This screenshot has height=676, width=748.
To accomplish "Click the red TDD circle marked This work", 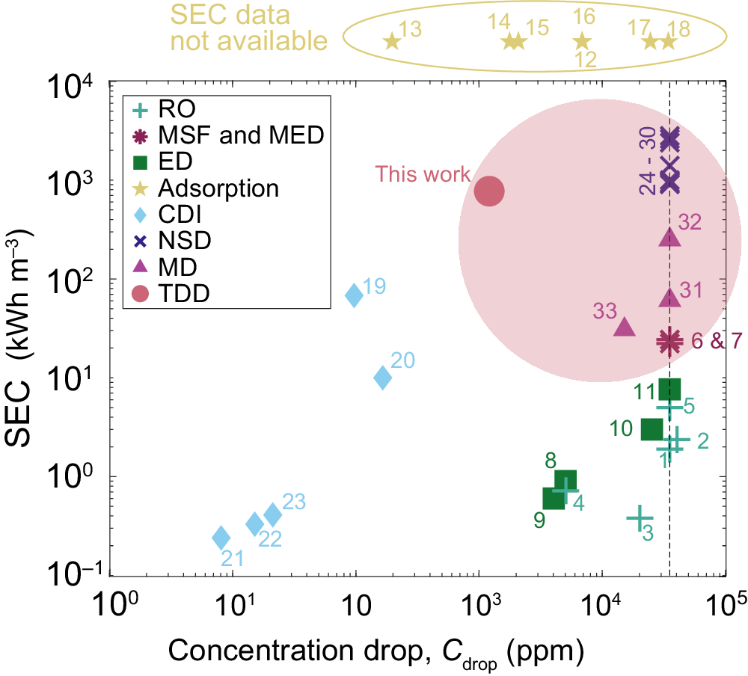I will pyautogui.click(x=489, y=192).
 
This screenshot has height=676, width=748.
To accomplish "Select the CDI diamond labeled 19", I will pyautogui.click(x=354, y=295).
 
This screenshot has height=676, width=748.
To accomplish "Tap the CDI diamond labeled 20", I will pyautogui.click(x=382, y=378).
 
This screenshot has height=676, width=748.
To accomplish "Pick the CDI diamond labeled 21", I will pyautogui.click(x=221, y=537).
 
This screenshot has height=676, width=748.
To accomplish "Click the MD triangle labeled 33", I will pyautogui.click(x=624, y=327).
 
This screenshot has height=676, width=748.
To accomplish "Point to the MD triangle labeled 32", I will pyautogui.click(x=670, y=238).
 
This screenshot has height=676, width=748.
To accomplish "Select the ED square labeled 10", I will pyautogui.click(x=652, y=429).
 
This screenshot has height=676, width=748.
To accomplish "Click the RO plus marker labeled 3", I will pyautogui.click(x=640, y=517).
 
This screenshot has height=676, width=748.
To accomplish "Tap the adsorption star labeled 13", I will pyautogui.click(x=391, y=42).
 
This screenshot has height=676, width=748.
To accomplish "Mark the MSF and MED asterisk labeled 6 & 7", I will pyautogui.click(x=669, y=341).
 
